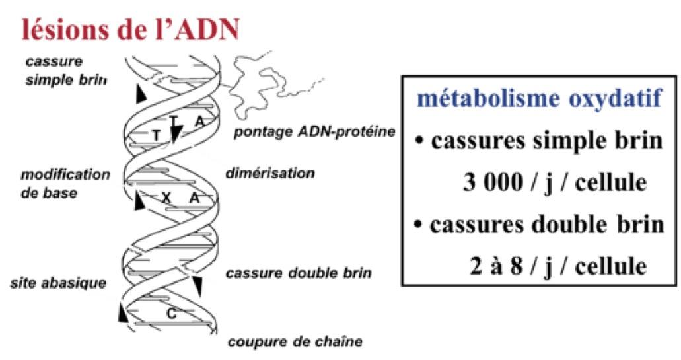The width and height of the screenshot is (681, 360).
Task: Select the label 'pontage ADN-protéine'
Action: coord(314,132)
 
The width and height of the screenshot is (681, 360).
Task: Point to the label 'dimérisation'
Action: coord(269,174)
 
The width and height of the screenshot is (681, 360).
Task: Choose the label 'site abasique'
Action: coord(58,284)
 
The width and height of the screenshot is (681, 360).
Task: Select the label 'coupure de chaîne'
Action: coord(295,343)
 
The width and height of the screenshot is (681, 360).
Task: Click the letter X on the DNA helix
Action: coord(166,198)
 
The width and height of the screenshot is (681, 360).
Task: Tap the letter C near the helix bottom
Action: coord(170,313)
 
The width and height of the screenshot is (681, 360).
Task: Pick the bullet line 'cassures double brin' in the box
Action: coord(539,225)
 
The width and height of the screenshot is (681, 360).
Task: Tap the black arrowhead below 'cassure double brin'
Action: coord(197,285)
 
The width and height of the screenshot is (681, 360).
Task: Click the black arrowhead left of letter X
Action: coord(139,201)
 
